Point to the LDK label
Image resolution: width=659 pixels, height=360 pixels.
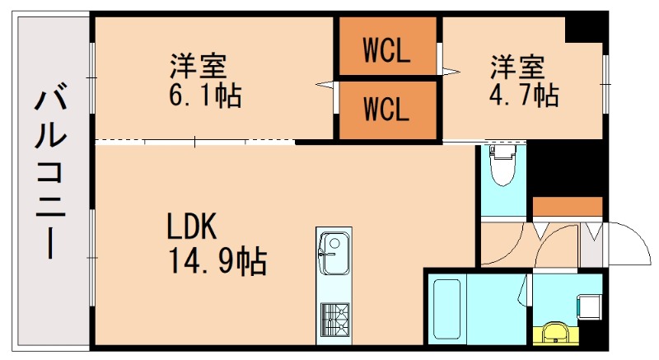191,225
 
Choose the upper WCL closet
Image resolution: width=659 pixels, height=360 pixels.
386,53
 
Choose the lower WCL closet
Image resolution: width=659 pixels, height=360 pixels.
386,109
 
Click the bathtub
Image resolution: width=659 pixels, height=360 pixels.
446,311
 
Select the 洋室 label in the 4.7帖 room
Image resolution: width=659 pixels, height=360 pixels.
518,63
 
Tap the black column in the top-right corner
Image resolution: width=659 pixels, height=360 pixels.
586,28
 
